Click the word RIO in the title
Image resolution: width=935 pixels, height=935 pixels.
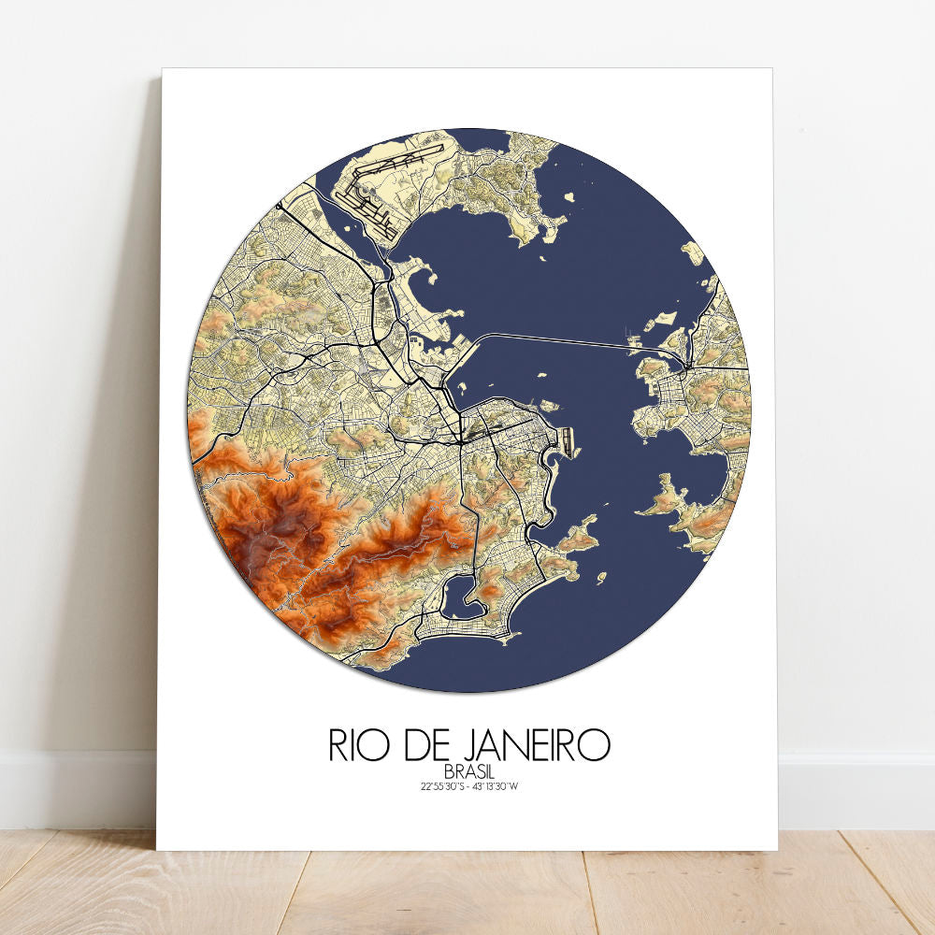point(356,744)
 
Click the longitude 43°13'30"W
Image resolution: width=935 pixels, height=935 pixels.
point(495,786)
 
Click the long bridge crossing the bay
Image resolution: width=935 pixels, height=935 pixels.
point(561,338)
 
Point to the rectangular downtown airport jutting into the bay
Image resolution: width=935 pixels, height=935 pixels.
point(565,439)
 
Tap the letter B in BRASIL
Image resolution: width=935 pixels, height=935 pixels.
point(450,771)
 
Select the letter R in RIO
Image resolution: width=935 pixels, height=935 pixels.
point(338,744)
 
